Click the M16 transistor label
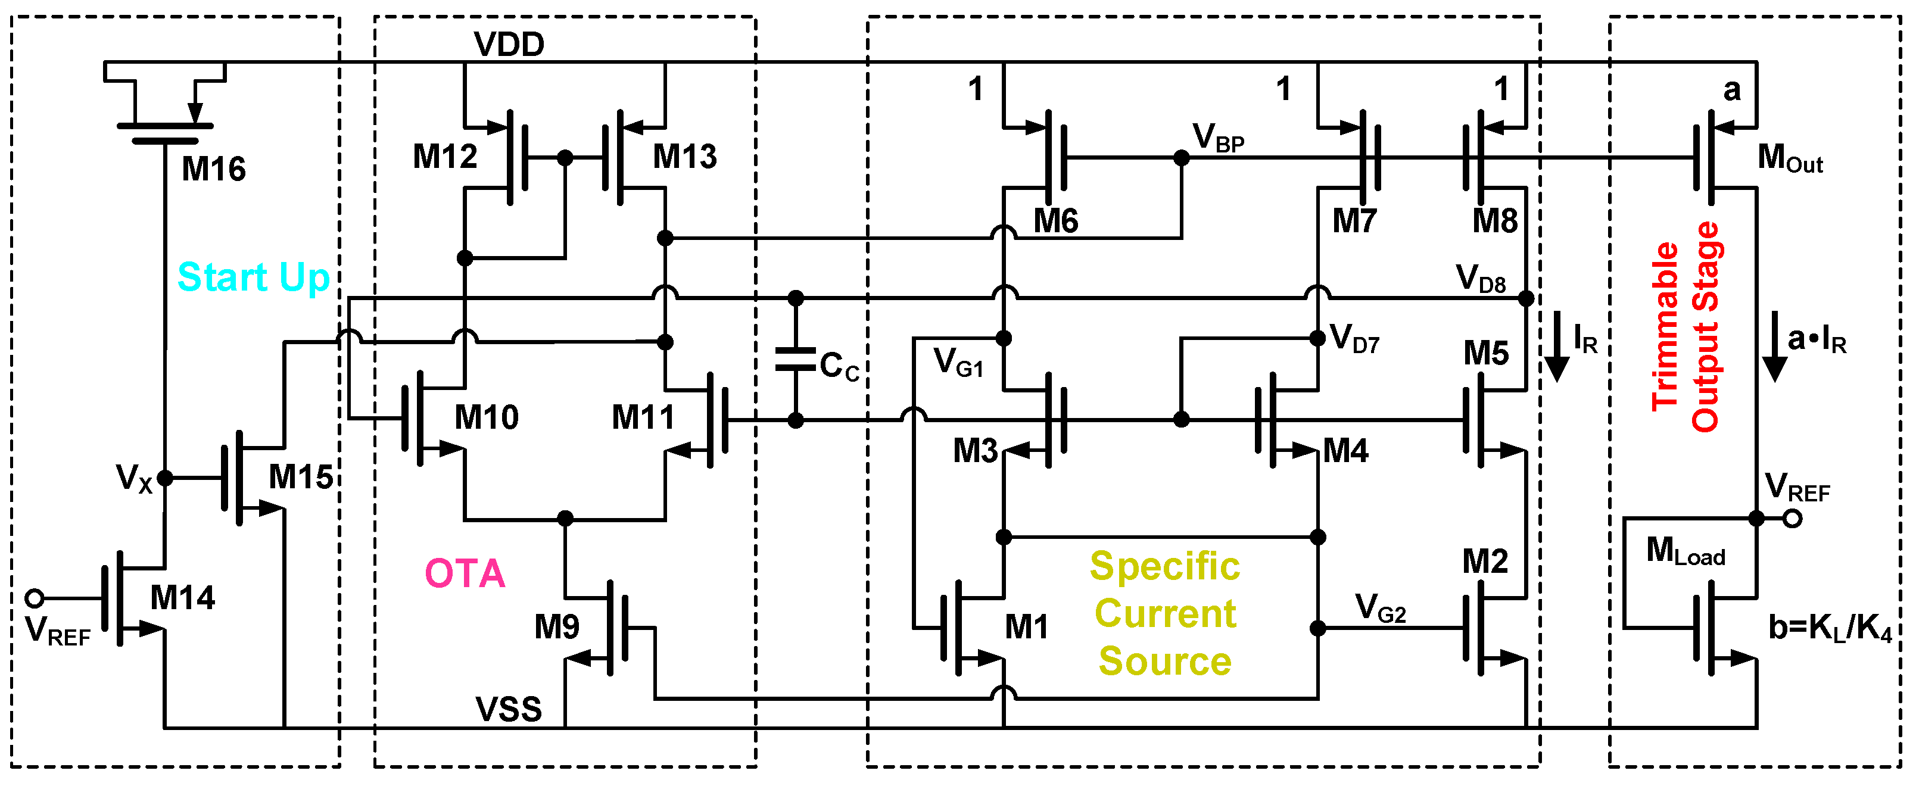pos(213,170)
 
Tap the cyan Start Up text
pos(254,278)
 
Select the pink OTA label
pos(465,574)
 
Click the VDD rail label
pos(509,45)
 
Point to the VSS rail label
pos(509,709)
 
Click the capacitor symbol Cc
pos(795,360)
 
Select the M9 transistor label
pos(556,628)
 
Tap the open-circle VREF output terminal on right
pos(1793,518)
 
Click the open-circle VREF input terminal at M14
pos(34,598)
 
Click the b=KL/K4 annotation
pos(1830,628)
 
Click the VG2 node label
pos(1381,609)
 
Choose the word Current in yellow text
pos(1165,615)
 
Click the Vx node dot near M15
pos(165,478)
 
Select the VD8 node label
pos(1480,279)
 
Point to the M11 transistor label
pos(643,418)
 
